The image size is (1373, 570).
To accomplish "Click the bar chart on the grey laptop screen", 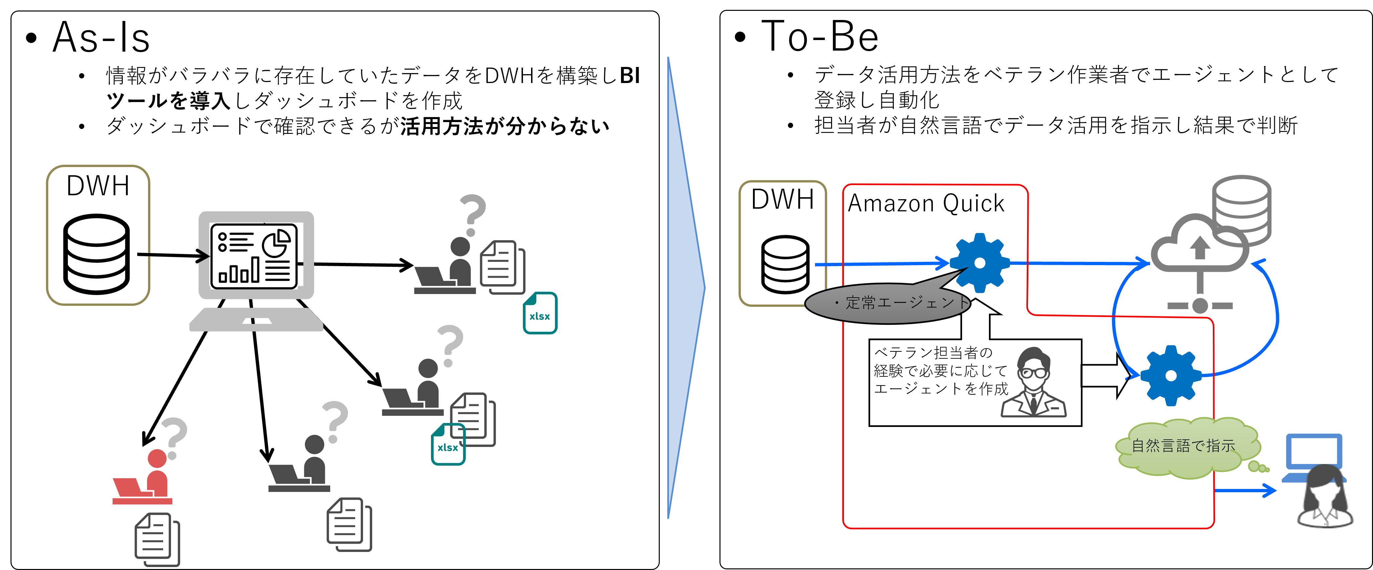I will click(x=239, y=271).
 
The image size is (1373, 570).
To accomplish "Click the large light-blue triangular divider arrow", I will click(x=685, y=288).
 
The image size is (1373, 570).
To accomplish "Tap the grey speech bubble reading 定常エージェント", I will click(x=888, y=304).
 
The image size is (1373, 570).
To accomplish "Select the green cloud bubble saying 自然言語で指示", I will click(x=1186, y=446).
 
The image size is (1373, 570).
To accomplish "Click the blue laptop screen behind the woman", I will click(x=1314, y=451).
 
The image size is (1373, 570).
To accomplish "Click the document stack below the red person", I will click(x=157, y=539).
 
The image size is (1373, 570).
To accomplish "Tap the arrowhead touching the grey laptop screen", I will click(x=203, y=256).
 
